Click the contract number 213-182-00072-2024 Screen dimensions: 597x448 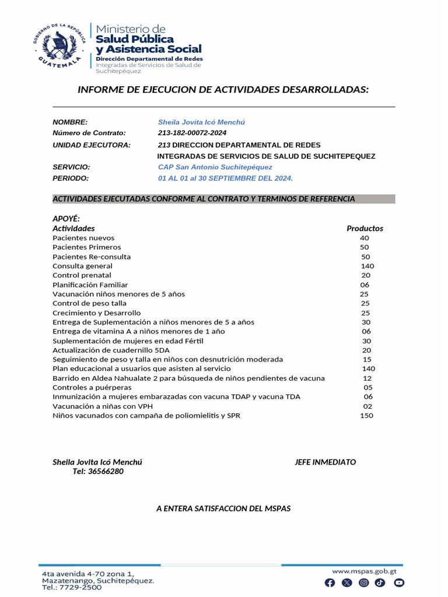point(192,133)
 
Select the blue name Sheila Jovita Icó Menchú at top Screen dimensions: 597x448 point(201,122)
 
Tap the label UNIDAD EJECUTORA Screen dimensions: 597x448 point(92,145)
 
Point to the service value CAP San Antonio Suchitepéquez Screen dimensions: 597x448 point(215,167)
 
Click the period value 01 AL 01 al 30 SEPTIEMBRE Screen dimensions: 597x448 point(225,178)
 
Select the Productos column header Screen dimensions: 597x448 point(365,229)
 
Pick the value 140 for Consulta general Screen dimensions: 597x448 point(367,266)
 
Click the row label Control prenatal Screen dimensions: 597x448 point(82,275)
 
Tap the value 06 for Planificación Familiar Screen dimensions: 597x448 point(365,285)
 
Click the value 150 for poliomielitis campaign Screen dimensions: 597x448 point(366,416)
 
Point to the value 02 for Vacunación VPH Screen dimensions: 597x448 point(367,406)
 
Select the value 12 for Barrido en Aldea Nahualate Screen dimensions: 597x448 point(367,378)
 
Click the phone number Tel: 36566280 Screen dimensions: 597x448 point(98,471)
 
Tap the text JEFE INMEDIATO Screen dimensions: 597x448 point(325,462)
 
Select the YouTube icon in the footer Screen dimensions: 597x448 point(399,582)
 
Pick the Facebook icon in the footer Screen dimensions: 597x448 point(330,582)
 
